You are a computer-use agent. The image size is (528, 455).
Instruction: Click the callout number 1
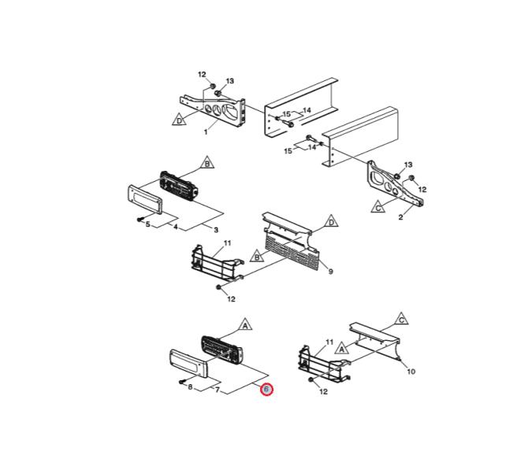click(x=206, y=132)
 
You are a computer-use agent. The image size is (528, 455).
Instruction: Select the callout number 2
click(x=400, y=217)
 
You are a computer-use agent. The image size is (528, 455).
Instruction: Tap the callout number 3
click(x=216, y=230)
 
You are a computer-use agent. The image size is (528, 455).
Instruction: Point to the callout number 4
click(x=176, y=227)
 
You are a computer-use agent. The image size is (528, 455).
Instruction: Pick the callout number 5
click(x=148, y=224)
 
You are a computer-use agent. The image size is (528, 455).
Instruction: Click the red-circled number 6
click(x=266, y=390)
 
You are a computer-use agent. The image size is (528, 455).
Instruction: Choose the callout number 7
click(x=218, y=390)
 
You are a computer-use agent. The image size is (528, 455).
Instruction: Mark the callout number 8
click(x=190, y=387)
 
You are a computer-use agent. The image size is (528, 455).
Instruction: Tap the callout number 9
click(x=330, y=272)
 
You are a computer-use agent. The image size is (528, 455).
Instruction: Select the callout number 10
click(x=411, y=372)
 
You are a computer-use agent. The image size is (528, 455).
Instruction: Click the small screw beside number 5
click(x=140, y=220)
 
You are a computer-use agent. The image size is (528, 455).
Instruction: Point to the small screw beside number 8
click(x=182, y=382)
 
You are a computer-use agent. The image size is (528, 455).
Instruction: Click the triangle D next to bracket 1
click(x=179, y=120)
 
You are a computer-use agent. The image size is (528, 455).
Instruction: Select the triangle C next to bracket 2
click(x=378, y=207)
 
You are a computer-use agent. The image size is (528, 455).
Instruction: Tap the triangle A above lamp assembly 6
click(x=245, y=325)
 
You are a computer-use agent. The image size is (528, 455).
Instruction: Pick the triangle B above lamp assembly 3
click(x=207, y=163)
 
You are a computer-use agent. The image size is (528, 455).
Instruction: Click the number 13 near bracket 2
click(x=408, y=165)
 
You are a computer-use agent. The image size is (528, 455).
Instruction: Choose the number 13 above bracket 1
click(x=229, y=81)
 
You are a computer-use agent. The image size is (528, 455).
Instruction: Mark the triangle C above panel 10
click(x=401, y=320)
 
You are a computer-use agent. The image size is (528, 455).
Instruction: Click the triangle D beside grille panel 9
click(x=331, y=222)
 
